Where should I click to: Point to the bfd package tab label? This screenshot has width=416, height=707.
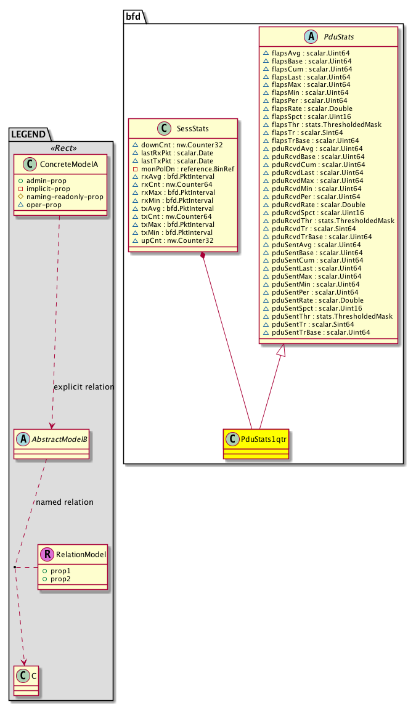pyautogui.click(x=133, y=17)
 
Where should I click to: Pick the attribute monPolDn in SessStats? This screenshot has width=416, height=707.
pyautogui.click(x=176, y=167)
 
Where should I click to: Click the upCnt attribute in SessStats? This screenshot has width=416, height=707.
pyautogui.click(x=173, y=239)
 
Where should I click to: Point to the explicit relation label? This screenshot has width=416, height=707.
pyautogui.click(x=84, y=387)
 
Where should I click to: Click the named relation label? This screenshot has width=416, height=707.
pyautogui.click(x=65, y=502)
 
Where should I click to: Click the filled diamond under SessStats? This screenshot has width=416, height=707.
pyautogui.click(x=203, y=255)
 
